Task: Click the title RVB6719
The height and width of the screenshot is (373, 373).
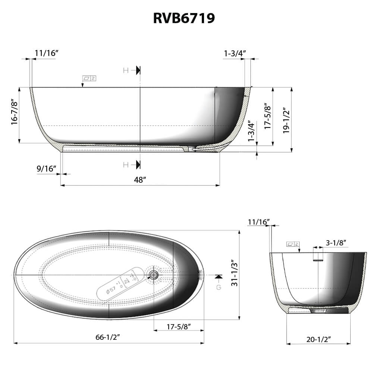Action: pyautogui.click(x=184, y=18)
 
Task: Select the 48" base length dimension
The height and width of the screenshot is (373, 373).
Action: pyautogui.click(x=140, y=180)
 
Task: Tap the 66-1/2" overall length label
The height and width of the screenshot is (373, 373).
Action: pyautogui.click(x=107, y=337)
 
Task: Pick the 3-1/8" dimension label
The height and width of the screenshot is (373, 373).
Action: pyautogui.click(x=336, y=243)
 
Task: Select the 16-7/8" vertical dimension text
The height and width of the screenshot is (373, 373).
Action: pyautogui.click(x=14, y=112)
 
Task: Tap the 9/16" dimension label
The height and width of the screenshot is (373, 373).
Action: pyautogui.click(x=46, y=169)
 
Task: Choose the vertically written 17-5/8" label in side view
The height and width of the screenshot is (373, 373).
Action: pyautogui.click(x=267, y=116)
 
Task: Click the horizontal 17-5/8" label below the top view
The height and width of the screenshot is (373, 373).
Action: pyautogui.click(x=179, y=327)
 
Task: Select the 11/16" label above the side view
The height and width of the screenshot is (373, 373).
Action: pyautogui.click(x=47, y=53)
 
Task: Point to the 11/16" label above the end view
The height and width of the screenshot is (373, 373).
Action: pyautogui.click(x=258, y=222)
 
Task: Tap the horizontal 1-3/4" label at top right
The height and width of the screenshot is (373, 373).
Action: pyautogui.click(x=234, y=53)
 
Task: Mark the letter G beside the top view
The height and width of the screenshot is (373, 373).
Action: pyautogui.click(x=219, y=288)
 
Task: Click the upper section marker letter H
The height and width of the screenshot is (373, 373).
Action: pyautogui.click(x=126, y=70)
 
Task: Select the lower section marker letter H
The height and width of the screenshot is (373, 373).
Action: pyautogui.click(x=126, y=164)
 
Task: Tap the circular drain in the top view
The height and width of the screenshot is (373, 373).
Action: pyautogui.click(x=153, y=275)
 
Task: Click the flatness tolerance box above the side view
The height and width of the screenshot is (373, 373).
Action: pyautogui.click(x=89, y=78)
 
